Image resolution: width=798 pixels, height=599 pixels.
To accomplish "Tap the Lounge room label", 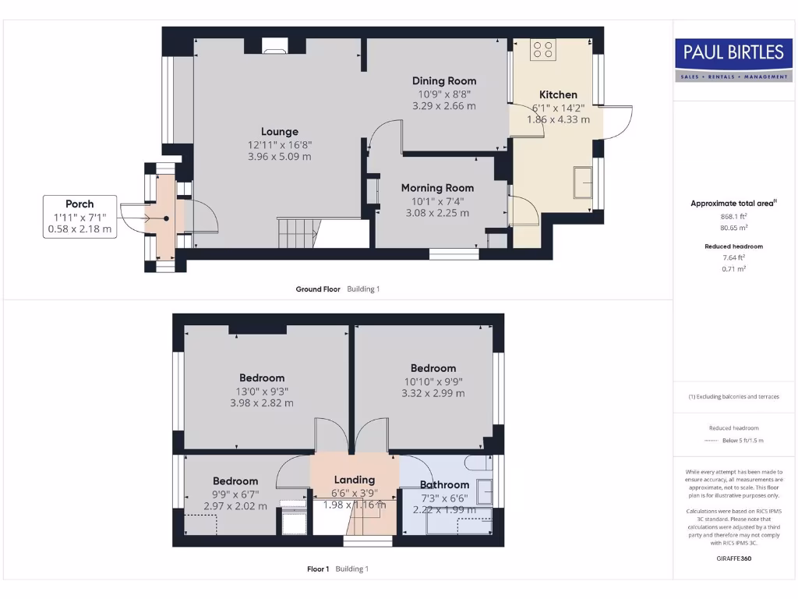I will coord(280,132).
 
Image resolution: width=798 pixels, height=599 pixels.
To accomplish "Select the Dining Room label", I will coord(444,80).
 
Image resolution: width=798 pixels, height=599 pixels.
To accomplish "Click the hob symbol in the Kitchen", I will coord(543,50).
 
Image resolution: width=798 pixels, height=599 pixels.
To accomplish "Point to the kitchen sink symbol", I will coord(583,183).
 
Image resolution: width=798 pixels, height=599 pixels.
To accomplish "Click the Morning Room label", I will coord(437,188).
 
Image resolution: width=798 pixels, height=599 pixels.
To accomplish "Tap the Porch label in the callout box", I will coord(79,204).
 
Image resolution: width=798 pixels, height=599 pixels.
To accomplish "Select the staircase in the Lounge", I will coord(298,233).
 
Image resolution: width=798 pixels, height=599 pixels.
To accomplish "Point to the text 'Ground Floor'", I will coord(318,289).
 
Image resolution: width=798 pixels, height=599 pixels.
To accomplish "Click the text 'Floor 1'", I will coord(318,569).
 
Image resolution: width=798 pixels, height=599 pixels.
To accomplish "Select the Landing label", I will coord(355,480).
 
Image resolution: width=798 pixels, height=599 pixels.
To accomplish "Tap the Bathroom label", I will coord(445,485).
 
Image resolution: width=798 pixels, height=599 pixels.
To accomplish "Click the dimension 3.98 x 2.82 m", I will coord(262,403).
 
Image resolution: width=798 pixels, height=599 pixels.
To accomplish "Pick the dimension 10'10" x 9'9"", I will coord(433,381).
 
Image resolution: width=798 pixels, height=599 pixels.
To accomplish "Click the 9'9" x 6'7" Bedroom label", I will coord(235,481).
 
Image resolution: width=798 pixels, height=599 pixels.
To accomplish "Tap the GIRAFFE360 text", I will coord(733,558).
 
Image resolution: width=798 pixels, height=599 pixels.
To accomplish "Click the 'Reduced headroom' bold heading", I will coord(733,246).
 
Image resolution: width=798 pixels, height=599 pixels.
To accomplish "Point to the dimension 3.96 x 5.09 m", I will coord(280,157).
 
